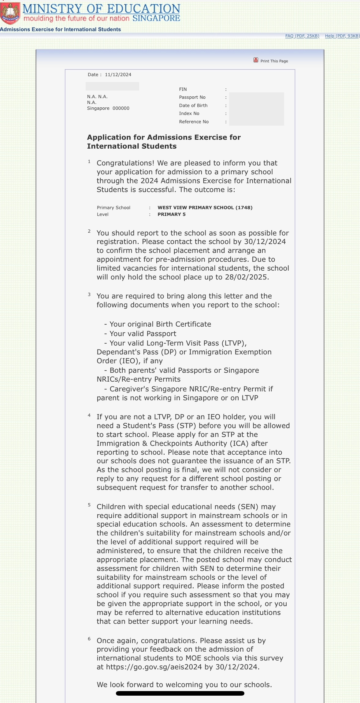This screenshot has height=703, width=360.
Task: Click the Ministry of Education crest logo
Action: click(x=10, y=13)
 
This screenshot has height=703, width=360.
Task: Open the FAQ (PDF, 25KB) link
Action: click(x=302, y=36)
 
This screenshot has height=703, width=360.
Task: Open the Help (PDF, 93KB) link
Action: click(x=342, y=36)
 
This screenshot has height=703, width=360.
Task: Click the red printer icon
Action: click(x=256, y=60)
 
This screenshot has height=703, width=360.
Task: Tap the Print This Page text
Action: click(x=274, y=61)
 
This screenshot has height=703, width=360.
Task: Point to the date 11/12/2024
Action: click(x=118, y=75)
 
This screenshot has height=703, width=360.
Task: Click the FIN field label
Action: click(x=183, y=89)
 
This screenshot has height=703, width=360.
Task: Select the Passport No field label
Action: click(x=192, y=97)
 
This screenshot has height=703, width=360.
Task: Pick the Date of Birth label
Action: click(x=193, y=105)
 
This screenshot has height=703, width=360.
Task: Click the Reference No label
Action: click(x=194, y=122)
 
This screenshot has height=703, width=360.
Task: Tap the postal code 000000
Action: click(x=121, y=108)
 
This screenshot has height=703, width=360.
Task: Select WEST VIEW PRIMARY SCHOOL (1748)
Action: click(x=205, y=208)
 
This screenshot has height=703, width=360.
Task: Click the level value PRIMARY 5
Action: click(x=172, y=214)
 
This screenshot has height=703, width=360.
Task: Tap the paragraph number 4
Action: click(x=89, y=415)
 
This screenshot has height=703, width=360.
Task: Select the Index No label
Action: click(x=189, y=113)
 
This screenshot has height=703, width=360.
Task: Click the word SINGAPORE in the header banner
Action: click(x=156, y=18)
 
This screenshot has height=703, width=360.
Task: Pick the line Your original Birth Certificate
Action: click(x=160, y=324)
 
